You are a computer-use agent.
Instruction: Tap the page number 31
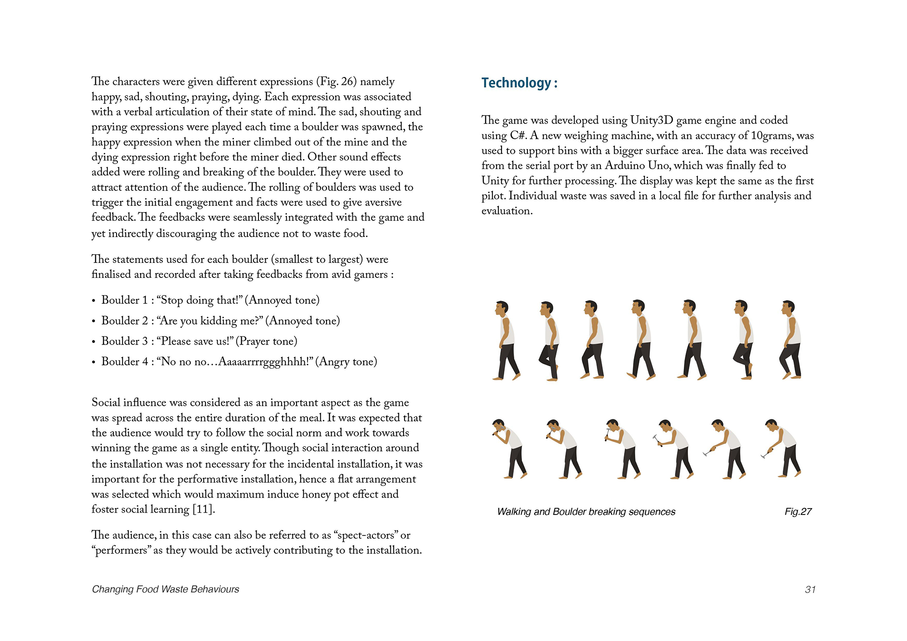click(810, 589)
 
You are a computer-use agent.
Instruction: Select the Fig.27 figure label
click(798, 512)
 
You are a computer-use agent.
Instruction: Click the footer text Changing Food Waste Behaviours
click(166, 589)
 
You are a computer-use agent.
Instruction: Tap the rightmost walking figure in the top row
click(791, 340)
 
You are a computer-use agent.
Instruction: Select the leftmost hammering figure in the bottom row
click(510, 448)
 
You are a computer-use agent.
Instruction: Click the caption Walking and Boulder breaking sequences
click(586, 512)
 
